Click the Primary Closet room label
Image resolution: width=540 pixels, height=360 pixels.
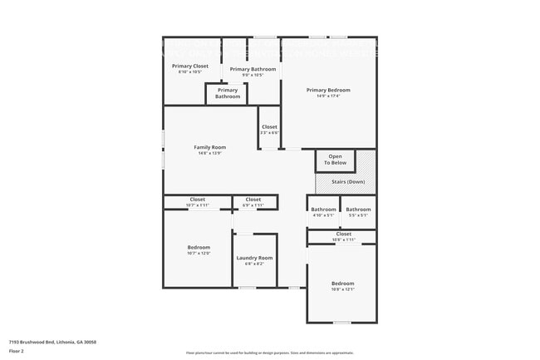(189, 66)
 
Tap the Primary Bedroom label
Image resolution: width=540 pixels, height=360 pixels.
(328, 90)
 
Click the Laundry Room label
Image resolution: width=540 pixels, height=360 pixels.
(254, 258)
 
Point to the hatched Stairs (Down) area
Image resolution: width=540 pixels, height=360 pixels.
(345, 182)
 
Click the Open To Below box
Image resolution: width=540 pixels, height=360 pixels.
(335, 160)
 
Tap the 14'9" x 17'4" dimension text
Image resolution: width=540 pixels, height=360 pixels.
(328, 96)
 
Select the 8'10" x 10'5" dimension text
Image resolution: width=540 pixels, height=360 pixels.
(189, 72)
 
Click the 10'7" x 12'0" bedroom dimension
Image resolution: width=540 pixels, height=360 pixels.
(199, 253)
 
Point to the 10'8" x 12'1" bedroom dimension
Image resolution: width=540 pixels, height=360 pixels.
(343, 289)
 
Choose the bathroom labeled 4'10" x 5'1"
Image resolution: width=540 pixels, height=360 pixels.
(323, 212)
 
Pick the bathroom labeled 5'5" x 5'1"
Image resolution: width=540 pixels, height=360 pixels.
(358, 212)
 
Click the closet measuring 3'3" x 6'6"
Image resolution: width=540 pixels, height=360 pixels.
(269, 130)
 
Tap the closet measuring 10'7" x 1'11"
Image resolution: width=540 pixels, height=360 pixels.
(198, 202)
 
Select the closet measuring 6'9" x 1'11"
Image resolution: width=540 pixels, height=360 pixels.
(253, 202)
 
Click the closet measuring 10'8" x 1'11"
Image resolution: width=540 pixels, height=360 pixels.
(343, 237)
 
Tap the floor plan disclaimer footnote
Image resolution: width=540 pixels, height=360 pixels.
(270, 353)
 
